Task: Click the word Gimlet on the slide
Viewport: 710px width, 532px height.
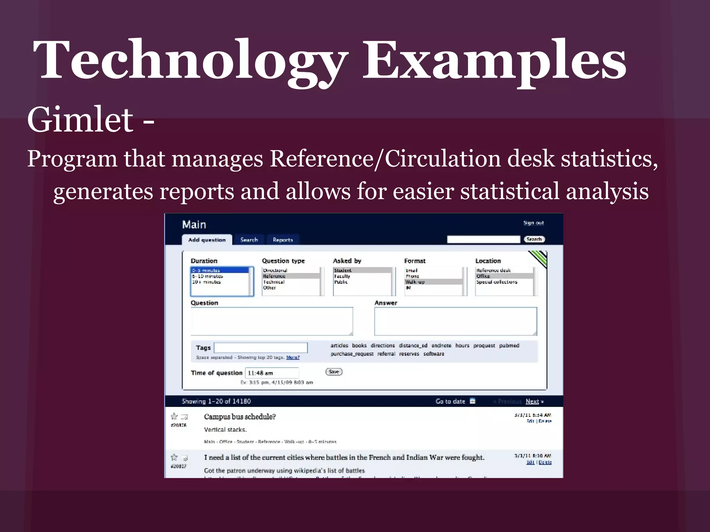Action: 80,120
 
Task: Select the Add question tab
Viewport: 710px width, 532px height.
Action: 207,240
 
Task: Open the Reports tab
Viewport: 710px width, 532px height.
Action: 283,240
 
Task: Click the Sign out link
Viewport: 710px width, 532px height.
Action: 533,223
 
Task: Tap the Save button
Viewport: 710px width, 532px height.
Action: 334,372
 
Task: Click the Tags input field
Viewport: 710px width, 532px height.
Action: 261,347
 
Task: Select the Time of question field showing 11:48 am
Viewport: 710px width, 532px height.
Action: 272,373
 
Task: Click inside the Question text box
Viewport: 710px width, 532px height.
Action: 272,321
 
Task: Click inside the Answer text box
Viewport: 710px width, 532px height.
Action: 456,321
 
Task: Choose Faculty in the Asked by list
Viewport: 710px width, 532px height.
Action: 342,276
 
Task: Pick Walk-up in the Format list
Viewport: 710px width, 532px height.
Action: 415,282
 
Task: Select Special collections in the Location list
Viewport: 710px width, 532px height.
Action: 496,282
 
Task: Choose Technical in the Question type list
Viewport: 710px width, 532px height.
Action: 274,282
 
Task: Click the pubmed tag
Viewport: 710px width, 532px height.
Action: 509,345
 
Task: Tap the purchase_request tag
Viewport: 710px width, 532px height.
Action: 352,354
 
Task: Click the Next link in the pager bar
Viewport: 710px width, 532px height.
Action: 532,401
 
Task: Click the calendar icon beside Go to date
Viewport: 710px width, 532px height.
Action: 473,401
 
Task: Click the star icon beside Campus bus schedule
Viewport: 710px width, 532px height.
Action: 174,416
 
